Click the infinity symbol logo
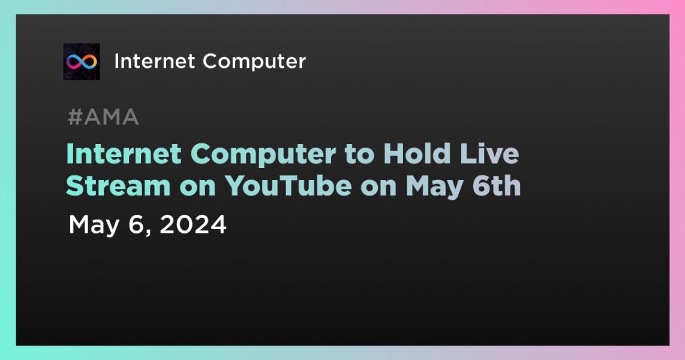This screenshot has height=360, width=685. tap(82, 62)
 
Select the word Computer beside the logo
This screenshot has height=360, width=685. tap(254, 62)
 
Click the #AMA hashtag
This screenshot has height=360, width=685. tap(104, 117)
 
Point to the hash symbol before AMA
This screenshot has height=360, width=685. tap(75, 117)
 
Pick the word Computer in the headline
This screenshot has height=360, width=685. tap(263, 155)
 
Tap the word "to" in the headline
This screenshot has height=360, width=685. tap(359, 155)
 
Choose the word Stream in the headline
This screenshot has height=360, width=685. tap(118, 185)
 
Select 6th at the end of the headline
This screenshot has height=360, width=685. tap(496, 185)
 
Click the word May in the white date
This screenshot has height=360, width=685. tap(94, 226)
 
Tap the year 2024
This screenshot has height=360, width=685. tap(193, 225)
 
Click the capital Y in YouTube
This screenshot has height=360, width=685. tap(235, 186)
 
